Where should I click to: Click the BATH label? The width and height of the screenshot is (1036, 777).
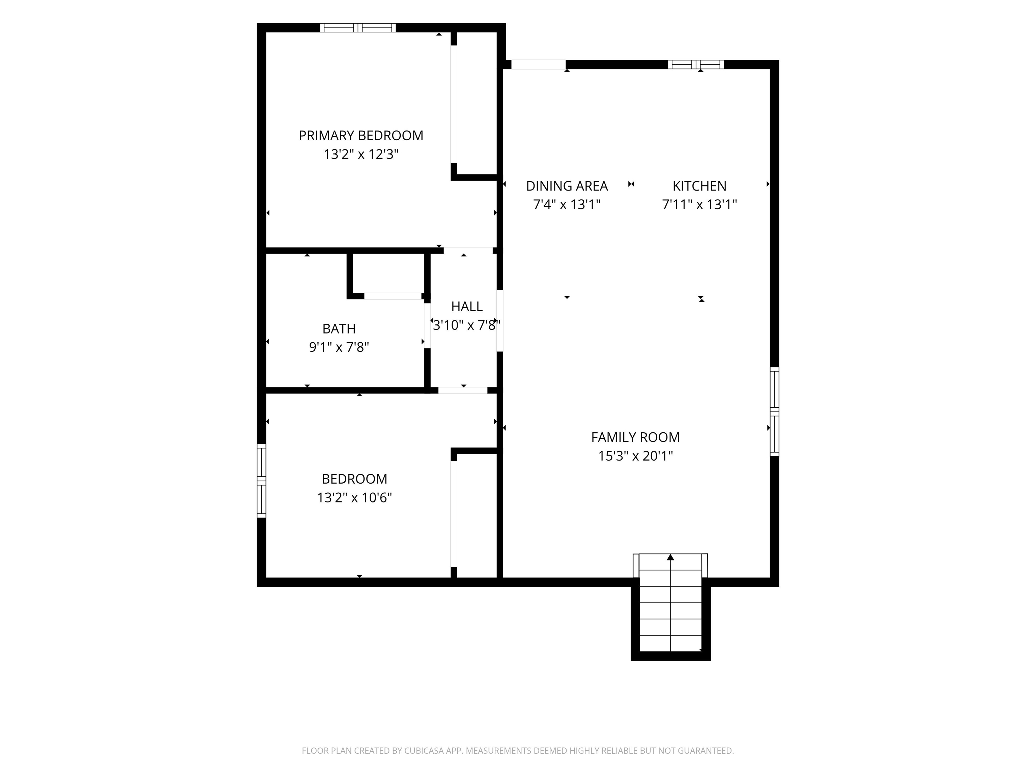point(339,329)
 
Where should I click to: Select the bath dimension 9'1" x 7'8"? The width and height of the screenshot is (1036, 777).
point(339,347)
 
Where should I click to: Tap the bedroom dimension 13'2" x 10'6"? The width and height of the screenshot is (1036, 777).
point(354,497)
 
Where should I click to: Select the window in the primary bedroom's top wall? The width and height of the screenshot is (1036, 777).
point(358,28)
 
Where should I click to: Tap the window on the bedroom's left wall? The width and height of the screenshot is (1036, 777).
point(261,481)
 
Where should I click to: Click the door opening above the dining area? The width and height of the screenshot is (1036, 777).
point(538,65)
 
